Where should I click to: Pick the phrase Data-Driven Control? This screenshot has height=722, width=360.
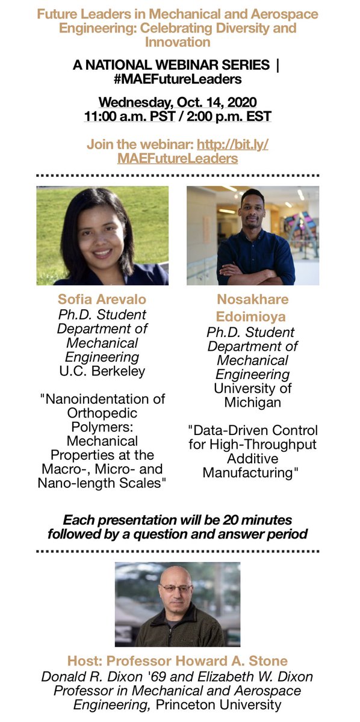pos(253,431)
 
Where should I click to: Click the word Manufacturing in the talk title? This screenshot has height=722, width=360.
pos(248,472)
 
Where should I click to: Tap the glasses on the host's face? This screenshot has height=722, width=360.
pos(176,587)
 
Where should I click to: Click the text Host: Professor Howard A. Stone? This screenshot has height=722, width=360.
pos(180,662)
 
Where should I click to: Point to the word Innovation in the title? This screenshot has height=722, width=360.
pos(178,42)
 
